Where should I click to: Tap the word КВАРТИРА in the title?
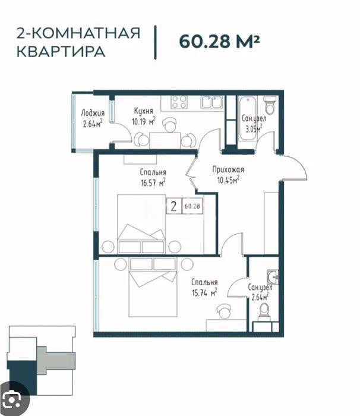(x=61, y=52)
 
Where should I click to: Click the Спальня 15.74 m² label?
(x=204, y=287)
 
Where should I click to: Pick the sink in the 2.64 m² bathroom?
(x=274, y=276)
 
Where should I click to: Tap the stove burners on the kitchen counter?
(x=179, y=102)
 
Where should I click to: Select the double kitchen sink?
(x=211, y=102)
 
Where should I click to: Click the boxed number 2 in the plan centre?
(x=173, y=206)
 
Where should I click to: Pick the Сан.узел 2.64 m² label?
(x=260, y=292)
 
